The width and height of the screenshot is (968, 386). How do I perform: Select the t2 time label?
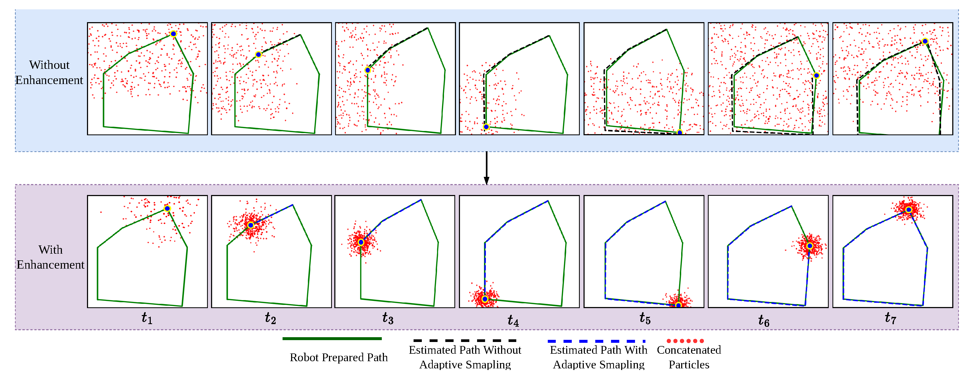coord(271,318)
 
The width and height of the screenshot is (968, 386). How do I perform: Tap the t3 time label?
coord(388,318)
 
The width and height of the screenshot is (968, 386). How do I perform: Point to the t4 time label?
coord(513,321)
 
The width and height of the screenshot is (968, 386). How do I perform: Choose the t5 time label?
coord(645,318)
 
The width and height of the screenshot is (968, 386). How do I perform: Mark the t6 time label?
coord(764,321)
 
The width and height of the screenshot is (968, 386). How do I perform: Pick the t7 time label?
coord(890,318)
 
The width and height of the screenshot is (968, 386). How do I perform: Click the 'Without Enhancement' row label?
coord(49,73)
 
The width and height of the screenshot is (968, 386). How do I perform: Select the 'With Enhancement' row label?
coord(51,257)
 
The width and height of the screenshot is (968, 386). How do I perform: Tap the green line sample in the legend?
coord(332,339)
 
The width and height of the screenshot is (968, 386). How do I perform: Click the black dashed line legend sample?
coord(465,341)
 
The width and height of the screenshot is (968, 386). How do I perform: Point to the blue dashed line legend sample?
coord(596,341)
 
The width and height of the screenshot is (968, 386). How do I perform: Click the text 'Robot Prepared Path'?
coord(339,357)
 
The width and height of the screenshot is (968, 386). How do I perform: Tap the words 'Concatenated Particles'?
coord(689,357)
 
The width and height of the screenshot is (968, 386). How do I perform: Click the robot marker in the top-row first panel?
coord(173,34)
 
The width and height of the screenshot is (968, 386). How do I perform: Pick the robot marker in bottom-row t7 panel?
coord(908,210)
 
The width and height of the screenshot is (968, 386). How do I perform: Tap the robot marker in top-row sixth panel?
coord(816,75)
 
